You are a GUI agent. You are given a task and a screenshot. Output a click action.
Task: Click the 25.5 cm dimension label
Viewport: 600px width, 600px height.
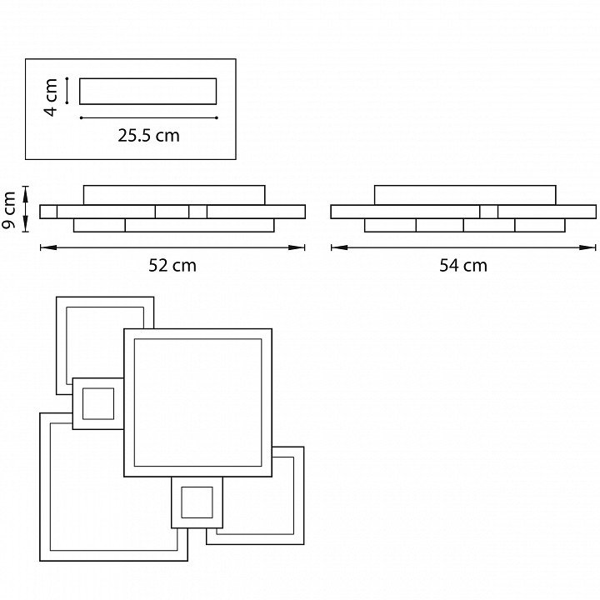(x=148, y=136)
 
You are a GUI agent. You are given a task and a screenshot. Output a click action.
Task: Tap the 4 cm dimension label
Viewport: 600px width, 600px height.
(x=52, y=97)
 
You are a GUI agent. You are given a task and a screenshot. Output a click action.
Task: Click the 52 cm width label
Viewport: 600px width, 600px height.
(x=172, y=266)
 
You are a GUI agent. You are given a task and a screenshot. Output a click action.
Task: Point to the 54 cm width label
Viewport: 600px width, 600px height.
(x=463, y=266)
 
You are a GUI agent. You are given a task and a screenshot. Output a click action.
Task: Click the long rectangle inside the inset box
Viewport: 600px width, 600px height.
(x=148, y=92)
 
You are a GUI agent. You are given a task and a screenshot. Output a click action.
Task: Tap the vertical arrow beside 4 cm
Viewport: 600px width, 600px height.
(x=67, y=92)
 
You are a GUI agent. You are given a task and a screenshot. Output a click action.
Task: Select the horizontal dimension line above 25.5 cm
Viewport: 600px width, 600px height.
(x=148, y=117)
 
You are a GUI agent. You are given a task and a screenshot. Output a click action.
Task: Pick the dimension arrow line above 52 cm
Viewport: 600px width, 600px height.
(x=172, y=247)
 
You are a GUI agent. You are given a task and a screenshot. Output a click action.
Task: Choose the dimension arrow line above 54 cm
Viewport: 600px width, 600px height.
(x=463, y=247)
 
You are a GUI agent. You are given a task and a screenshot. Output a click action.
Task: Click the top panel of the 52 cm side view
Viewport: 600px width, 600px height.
(x=174, y=194)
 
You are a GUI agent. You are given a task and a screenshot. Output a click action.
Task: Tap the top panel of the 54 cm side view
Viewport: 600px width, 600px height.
(x=465, y=194)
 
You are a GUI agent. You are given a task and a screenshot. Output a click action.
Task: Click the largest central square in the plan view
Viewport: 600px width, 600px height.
(x=198, y=403)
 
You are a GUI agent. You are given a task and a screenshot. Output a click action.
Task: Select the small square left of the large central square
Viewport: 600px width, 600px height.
(x=97, y=403)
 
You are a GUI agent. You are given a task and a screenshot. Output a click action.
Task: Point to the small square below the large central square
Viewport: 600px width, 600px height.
(x=197, y=502)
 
